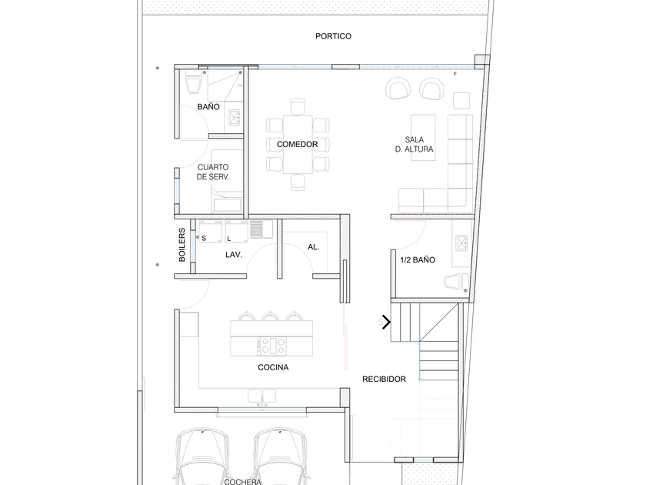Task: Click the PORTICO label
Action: [333, 36]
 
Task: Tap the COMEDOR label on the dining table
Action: [297, 145]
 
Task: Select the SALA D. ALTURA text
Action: [414, 145]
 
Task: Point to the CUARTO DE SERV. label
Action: [213, 172]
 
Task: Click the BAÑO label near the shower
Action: [208, 107]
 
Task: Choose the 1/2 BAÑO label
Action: [418, 260]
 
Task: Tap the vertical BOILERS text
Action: [181, 245]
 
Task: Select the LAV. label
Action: [234, 255]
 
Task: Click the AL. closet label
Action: [314, 247]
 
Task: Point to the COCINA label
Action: [273, 367]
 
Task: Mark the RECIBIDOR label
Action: [384, 379]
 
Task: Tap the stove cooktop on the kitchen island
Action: [271, 346]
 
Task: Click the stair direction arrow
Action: [386, 322]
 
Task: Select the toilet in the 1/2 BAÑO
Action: [457, 282]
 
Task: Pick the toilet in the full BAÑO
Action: [193, 82]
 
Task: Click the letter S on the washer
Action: [204, 238]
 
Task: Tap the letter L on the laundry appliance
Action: [229, 239]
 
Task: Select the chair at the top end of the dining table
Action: [298, 106]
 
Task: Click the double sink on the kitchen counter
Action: [261, 396]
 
